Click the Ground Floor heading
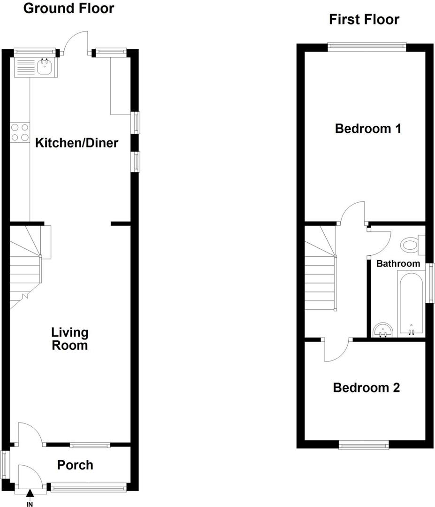point(69,8)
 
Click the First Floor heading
point(364,19)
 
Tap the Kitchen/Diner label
point(76,143)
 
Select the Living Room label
point(69,339)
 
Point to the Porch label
point(75,465)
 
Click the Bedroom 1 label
point(367,128)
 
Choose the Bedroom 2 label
point(366,388)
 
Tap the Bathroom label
point(398,263)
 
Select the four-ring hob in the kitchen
point(19,131)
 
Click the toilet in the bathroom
point(411,245)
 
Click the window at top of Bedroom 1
point(367,46)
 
